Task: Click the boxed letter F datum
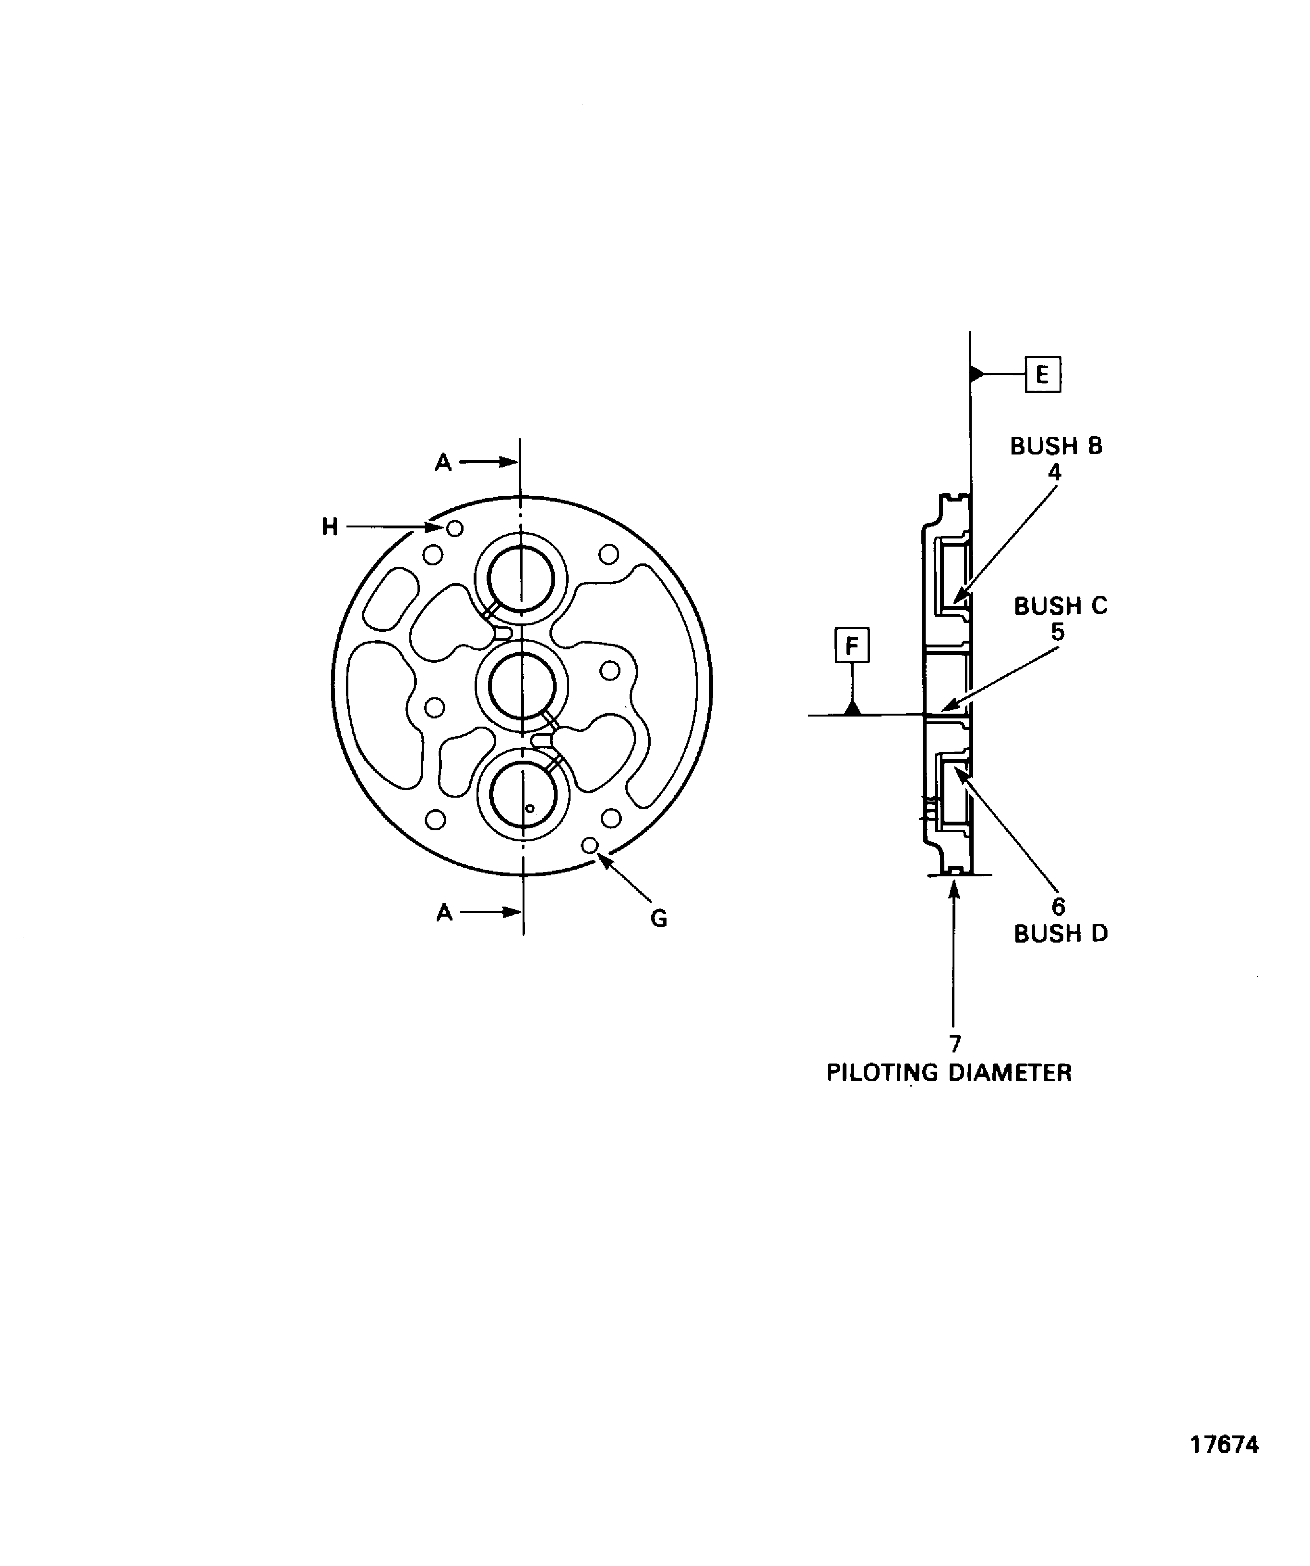tap(851, 645)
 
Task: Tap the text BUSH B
tap(1056, 446)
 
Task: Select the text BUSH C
tap(1060, 606)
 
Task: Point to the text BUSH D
tap(1060, 933)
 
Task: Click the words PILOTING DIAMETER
tap(948, 1072)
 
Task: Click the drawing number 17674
tap(1224, 1465)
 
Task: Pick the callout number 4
tap(1054, 472)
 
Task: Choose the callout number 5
tap(1057, 632)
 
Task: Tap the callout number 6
tap(1058, 906)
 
